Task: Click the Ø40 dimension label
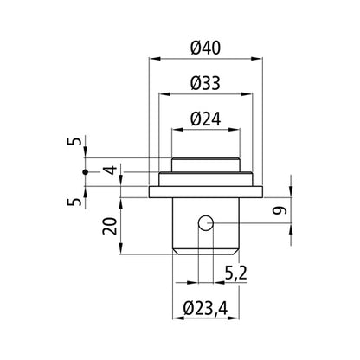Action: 207,47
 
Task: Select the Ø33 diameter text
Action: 207,82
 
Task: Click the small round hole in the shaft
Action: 205,224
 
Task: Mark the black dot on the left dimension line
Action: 86,173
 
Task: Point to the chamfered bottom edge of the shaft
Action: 206,250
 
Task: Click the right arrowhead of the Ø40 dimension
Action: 260,59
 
